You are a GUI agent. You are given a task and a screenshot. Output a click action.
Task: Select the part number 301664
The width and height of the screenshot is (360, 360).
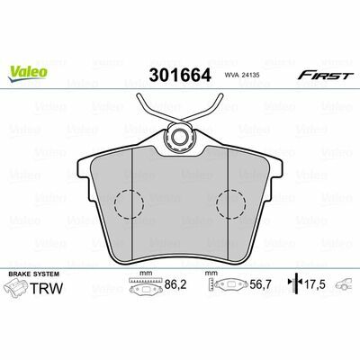[180, 76]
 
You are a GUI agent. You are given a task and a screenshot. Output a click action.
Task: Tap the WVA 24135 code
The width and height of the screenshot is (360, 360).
[239, 76]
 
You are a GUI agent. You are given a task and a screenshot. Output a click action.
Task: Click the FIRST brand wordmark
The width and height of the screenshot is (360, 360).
[323, 75]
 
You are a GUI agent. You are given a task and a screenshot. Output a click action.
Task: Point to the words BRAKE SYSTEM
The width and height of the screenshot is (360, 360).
[34, 274]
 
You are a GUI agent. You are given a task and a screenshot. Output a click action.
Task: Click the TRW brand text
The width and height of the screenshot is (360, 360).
[47, 288]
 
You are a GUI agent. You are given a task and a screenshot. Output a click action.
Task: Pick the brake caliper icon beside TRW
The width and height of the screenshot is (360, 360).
[17, 288]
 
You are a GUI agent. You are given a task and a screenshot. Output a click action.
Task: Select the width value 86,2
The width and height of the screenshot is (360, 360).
[175, 284]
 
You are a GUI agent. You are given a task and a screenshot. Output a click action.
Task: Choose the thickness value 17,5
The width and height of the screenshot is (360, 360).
[315, 284]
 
